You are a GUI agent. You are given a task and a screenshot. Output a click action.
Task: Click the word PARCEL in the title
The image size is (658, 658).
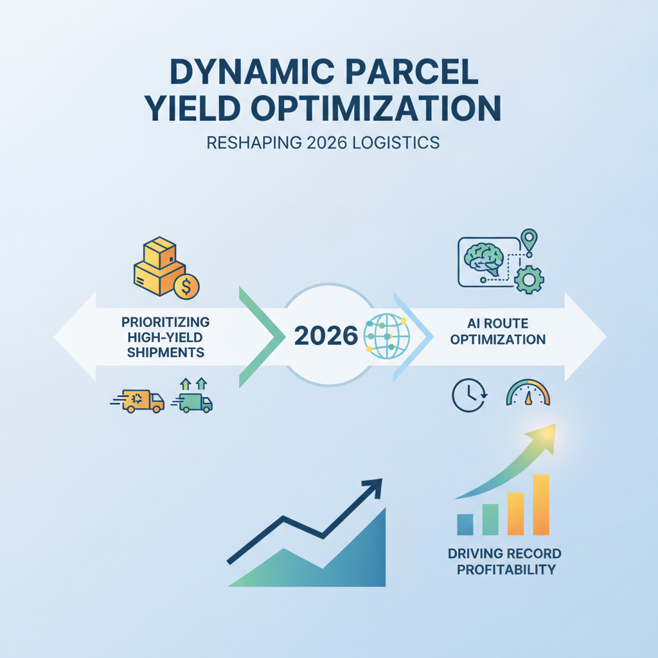click(x=412, y=72)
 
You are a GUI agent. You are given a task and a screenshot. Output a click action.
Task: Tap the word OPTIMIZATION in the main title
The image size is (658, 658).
click(x=376, y=108)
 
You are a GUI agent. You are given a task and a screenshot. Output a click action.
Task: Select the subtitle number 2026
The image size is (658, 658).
click(x=327, y=143)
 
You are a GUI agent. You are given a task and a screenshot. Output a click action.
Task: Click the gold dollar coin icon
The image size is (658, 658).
click(x=186, y=287)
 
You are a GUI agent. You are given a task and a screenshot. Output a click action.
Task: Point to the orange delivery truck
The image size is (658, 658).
click(x=138, y=401)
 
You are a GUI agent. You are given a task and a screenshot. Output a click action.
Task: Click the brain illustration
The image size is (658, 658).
click(x=485, y=260)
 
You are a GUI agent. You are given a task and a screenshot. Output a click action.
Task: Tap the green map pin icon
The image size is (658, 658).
click(x=529, y=241)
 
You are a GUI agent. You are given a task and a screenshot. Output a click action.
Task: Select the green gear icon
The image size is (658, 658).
click(x=529, y=280)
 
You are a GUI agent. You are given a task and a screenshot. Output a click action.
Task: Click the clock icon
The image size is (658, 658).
click(x=469, y=395)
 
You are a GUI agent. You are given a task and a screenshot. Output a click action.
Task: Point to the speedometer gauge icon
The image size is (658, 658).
click(x=528, y=393)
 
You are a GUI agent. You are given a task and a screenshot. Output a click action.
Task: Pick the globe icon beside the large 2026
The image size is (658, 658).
click(x=386, y=335)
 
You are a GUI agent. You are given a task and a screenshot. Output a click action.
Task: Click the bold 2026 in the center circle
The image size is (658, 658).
click(x=326, y=335)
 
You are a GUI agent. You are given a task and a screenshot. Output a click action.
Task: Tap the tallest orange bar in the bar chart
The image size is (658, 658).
click(x=541, y=504)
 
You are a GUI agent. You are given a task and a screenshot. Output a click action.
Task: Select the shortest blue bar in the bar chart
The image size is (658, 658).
click(x=465, y=524)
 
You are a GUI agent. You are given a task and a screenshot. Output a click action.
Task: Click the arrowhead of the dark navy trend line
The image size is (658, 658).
click(x=373, y=488)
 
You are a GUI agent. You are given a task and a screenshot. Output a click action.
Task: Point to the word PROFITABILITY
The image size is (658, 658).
click(x=506, y=569)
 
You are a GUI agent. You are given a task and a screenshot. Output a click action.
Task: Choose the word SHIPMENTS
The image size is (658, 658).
click(x=166, y=353)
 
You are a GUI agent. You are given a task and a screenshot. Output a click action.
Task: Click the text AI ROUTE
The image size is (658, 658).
click(x=498, y=324)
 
